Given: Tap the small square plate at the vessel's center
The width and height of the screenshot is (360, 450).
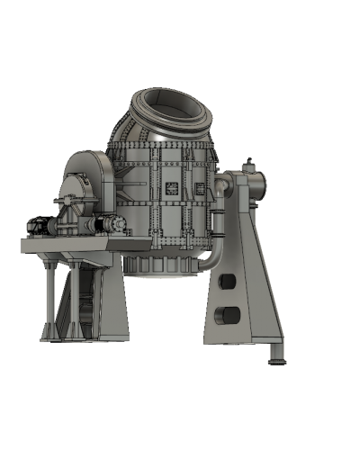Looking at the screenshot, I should pos(169,188).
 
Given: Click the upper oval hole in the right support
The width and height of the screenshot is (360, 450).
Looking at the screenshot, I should pos(227,283).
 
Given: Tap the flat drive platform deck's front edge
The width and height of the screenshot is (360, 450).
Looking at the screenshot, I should pos(67,244).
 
